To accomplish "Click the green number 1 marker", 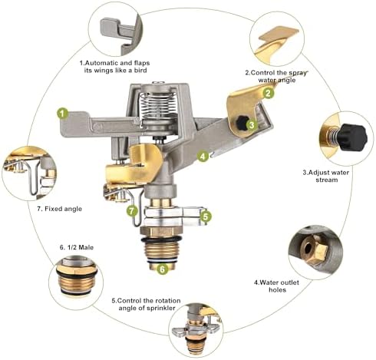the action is coord(63,114).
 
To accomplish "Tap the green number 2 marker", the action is coord(268,93).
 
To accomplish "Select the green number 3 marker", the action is coord(252,125).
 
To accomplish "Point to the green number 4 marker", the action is coord(203,156).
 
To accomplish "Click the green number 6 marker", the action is coord(163,269).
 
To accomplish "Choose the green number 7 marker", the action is coord(132,211).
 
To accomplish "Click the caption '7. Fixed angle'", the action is coord(60,209).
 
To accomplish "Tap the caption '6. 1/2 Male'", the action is coord(77,247).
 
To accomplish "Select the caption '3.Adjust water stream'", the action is coord(326,176).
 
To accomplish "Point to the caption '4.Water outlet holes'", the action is coord(276,286).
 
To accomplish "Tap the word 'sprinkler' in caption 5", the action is coord(160,308).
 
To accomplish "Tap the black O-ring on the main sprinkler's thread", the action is coord(161,239).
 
